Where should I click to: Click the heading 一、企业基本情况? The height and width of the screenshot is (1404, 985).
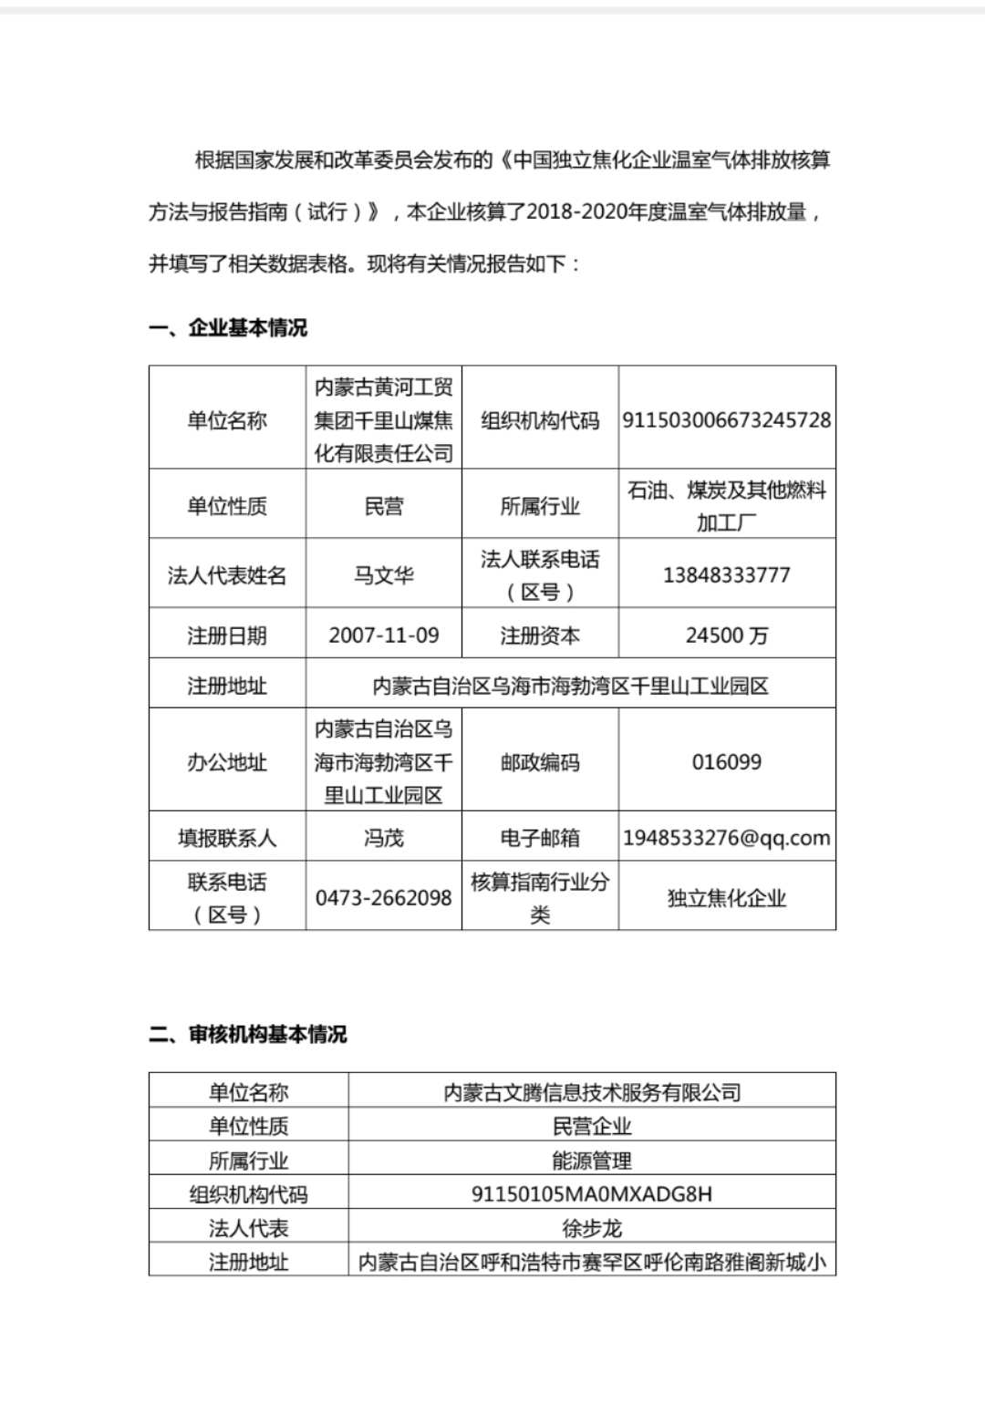[228, 328]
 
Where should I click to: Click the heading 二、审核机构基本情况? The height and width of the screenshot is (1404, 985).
[248, 1035]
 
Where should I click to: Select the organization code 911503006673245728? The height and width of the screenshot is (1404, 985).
[727, 420]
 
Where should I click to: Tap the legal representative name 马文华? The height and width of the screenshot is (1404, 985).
[384, 575]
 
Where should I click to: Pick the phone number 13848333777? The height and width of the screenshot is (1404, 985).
[727, 575]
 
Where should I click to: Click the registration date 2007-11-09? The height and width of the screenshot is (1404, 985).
[384, 635]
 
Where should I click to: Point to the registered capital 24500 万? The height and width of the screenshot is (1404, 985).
[727, 635]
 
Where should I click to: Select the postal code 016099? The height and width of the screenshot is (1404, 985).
[727, 762]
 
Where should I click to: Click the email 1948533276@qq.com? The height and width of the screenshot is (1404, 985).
[727, 838]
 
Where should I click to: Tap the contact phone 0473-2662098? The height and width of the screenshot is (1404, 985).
[384, 898]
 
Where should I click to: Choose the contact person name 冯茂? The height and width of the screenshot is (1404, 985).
[384, 838]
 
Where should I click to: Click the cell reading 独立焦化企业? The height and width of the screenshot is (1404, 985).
[727, 898]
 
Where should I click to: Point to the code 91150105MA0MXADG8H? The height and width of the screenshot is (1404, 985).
[592, 1194]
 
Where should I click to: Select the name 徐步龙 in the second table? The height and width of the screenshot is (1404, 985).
[592, 1228]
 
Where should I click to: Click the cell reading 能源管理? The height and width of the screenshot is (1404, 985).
[592, 1161]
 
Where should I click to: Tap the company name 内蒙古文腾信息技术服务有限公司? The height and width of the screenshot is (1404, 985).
[592, 1092]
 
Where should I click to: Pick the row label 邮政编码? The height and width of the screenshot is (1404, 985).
[540, 762]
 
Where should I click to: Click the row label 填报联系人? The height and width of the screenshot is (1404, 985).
[227, 838]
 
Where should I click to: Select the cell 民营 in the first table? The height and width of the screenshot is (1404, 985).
[384, 506]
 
